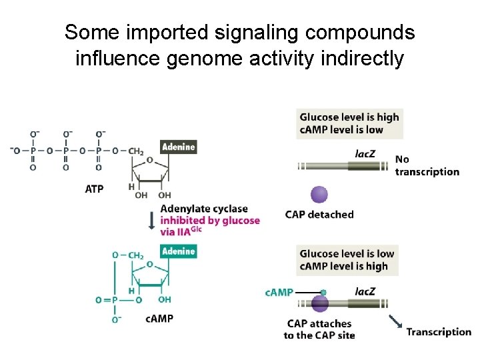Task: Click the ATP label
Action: pos(95,189)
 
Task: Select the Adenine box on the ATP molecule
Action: pos(179,147)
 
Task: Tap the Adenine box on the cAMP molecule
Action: pos(179,251)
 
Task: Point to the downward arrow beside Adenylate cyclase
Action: pos(152,220)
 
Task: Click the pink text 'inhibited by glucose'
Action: pos(210,221)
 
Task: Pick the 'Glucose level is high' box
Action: pos(349,123)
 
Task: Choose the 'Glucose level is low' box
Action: pos(347,260)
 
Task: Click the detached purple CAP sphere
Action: pos(320,194)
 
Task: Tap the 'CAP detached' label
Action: pos(319,215)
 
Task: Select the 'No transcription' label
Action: pos(427,165)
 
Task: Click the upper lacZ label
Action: pos(365,154)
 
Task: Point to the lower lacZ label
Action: pos(365,291)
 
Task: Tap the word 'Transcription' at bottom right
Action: pos(439,331)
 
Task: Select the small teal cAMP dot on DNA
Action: pos(323,293)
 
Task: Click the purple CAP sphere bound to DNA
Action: pos(320,304)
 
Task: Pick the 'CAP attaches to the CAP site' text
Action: pos(319,329)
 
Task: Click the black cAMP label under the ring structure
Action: pos(159,319)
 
